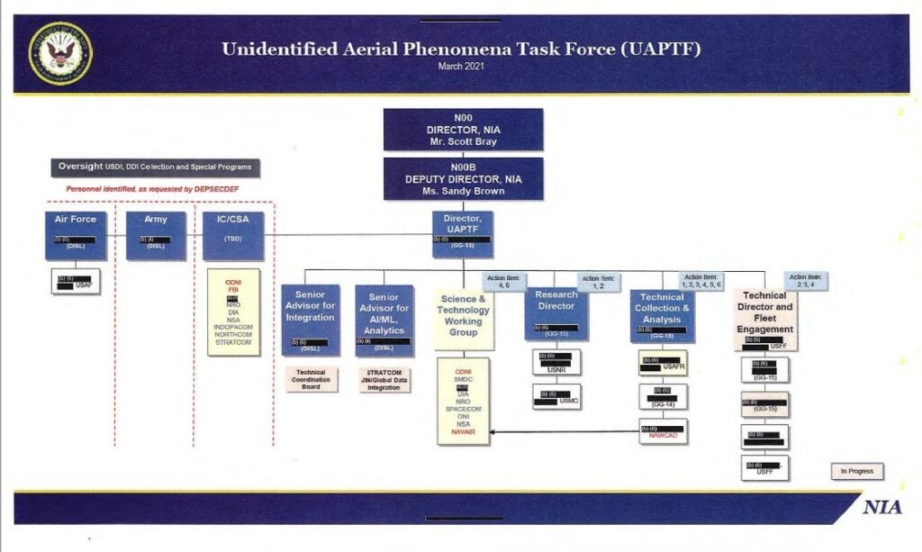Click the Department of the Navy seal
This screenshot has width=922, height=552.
coord(60,54)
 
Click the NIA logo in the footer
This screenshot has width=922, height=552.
coord(881,507)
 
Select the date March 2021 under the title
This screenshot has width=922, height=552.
coord(460,67)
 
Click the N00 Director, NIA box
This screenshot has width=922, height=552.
coord(463,130)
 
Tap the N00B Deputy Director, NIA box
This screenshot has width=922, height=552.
coord(463,179)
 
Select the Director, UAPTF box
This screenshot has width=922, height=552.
coord(462,234)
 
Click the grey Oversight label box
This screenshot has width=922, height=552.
coord(155,167)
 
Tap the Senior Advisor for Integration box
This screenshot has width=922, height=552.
coord(311,320)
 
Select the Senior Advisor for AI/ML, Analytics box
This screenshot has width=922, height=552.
coord(384,320)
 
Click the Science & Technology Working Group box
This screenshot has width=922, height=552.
coord(464,320)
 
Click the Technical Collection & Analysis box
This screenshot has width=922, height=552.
coord(662,315)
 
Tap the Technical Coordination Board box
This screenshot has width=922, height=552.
coord(311,379)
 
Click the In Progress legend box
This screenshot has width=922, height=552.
coord(856,471)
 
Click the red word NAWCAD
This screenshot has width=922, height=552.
coord(663,436)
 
